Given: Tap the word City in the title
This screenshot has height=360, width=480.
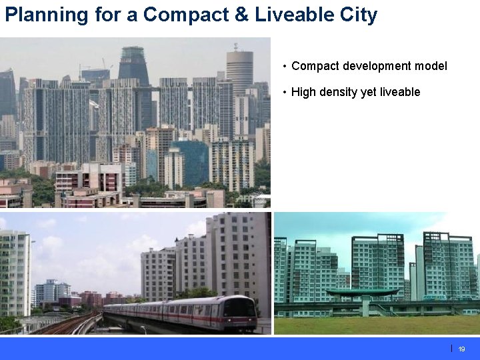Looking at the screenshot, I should click(356, 15).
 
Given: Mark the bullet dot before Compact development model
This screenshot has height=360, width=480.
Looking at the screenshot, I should click(285, 66).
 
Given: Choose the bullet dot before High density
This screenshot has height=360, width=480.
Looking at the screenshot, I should click(285, 92).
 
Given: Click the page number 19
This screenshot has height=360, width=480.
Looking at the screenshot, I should click(461, 349).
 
